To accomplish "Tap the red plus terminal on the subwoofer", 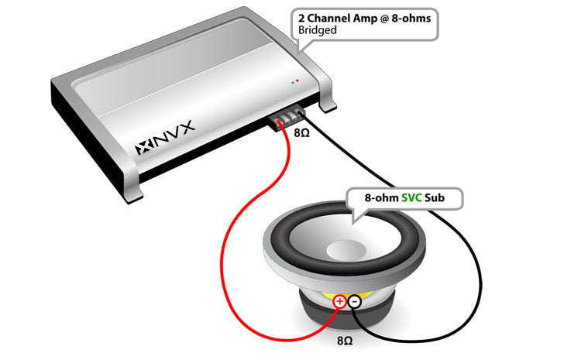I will click(339, 302).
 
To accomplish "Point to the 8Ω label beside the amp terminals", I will click(302, 132).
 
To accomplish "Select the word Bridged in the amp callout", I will click(318, 29).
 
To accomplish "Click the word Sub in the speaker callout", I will click(441, 198).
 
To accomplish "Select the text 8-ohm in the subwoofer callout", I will click(382, 198).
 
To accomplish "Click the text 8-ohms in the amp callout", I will click(409, 16).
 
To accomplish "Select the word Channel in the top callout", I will click(328, 16).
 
